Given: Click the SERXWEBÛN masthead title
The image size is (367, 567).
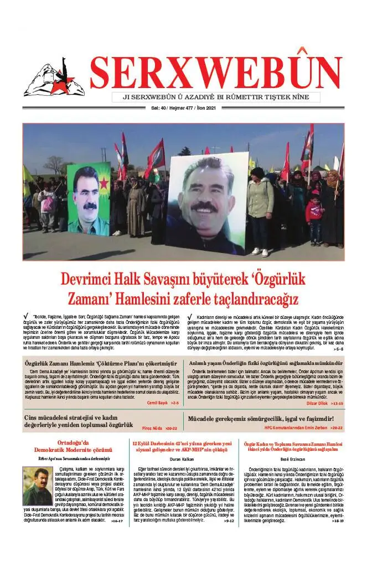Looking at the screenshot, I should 216,72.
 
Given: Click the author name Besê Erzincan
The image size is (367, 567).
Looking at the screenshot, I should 293,459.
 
